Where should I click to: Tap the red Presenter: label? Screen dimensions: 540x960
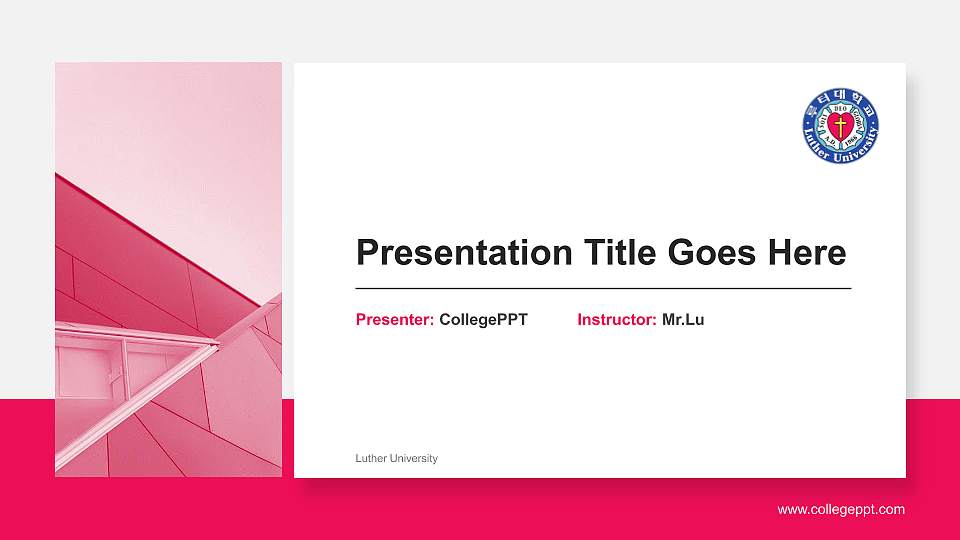(395, 320)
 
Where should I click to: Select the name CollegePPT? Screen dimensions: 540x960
(483, 320)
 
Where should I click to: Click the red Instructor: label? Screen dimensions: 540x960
(617, 320)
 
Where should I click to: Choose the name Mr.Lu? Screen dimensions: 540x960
(683, 320)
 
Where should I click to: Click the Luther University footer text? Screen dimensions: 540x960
(396, 459)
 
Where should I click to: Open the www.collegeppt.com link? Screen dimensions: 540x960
(841, 510)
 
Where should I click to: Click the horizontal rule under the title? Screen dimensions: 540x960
(603, 288)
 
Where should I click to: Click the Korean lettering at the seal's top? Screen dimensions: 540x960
(841, 98)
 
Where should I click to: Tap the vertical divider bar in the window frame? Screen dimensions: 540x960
(125, 367)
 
